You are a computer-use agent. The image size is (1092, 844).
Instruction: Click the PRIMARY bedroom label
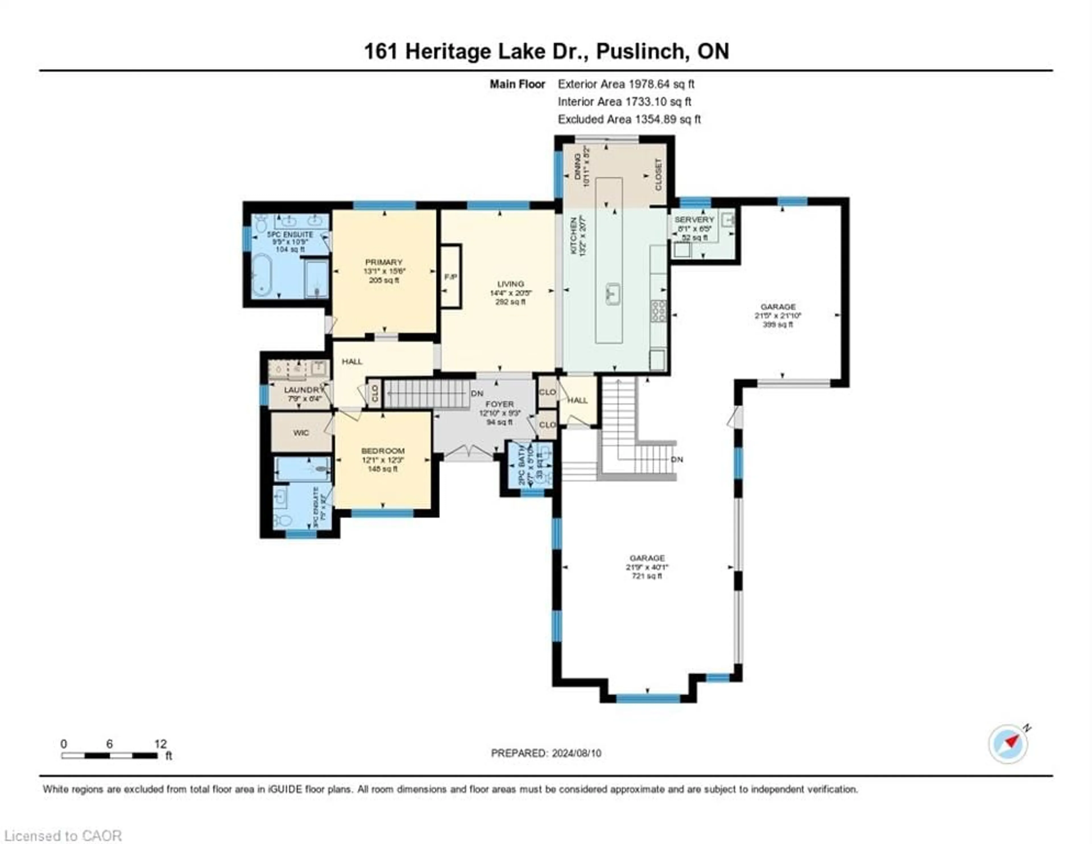[x=384, y=262]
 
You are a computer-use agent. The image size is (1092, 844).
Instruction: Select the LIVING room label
[x=510, y=284]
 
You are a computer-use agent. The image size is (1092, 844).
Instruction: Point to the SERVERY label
[x=694, y=220]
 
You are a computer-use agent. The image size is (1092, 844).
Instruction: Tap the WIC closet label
[x=301, y=433]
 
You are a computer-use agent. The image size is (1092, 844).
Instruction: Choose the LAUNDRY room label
[x=303, y=390]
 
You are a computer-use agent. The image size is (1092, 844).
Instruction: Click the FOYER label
[x=499, y=404]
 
